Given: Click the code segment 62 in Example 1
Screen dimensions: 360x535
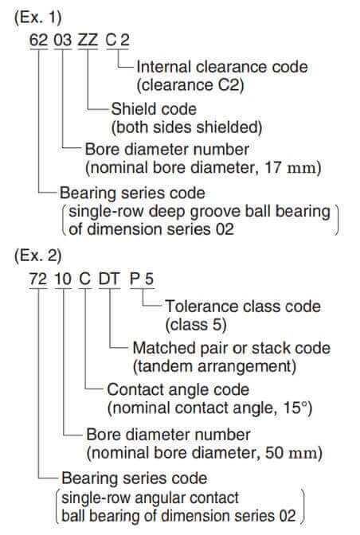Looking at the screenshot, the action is click(38, 40).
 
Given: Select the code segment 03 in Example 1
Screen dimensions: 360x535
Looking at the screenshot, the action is click(63, 40).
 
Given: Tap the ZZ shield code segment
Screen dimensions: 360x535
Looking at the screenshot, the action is click(88, 40).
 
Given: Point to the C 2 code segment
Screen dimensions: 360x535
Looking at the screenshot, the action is click(117, 40).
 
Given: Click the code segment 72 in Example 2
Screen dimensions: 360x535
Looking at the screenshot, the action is click(38, 279).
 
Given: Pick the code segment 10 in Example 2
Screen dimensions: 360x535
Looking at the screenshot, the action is click(63, 279).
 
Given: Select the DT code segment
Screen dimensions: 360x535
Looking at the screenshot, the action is click(109, 279).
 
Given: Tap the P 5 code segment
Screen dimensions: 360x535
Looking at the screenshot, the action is click(142, 279).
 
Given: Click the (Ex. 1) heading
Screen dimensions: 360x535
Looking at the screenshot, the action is click(38, 17).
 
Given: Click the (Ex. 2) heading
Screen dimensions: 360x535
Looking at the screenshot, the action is click(38, 256).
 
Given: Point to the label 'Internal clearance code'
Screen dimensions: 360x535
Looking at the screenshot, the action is click(222, 67).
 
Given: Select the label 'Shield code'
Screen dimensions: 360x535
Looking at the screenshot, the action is click(154, 109).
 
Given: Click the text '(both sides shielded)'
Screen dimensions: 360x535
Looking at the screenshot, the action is click(187, 127).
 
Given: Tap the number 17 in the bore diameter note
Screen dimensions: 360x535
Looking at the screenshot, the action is click(273, 167).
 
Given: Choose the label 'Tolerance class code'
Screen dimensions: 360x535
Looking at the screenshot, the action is click(243, 307).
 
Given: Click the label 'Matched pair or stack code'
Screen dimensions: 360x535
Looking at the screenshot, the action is click(232, 349).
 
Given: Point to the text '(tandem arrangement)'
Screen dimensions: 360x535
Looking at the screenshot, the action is click(214, 367).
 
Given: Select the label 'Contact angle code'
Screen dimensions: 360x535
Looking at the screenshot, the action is click(178, 389).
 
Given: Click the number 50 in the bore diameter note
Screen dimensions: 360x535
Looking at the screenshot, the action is click(274, 453).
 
